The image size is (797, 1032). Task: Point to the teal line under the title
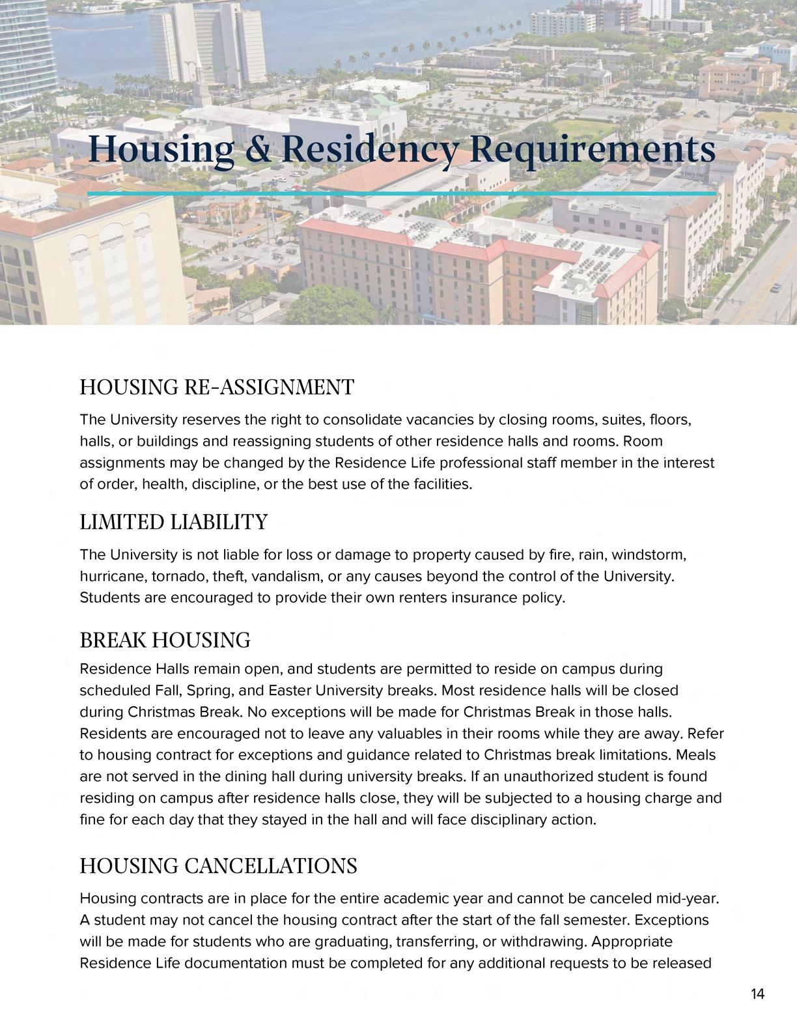402,193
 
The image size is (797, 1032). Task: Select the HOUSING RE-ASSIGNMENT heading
217,387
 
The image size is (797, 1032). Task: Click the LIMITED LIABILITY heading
173,522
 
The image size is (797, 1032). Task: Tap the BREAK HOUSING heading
165,640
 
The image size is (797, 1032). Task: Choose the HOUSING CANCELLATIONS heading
218,866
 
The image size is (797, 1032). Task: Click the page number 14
757,994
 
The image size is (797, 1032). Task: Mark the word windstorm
649,555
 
